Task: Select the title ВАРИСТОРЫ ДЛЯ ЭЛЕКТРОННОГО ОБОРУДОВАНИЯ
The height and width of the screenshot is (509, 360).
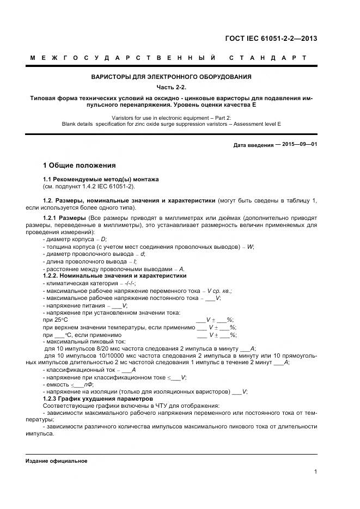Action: [171, 77]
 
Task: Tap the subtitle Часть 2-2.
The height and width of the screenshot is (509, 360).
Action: [171, 87]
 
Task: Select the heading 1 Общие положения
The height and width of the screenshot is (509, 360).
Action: [79, 165]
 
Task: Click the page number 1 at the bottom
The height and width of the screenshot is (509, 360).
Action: [315, 471]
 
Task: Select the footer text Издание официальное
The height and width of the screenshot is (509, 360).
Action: [57, 461]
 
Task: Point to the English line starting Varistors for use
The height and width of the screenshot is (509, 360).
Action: [171, 117]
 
